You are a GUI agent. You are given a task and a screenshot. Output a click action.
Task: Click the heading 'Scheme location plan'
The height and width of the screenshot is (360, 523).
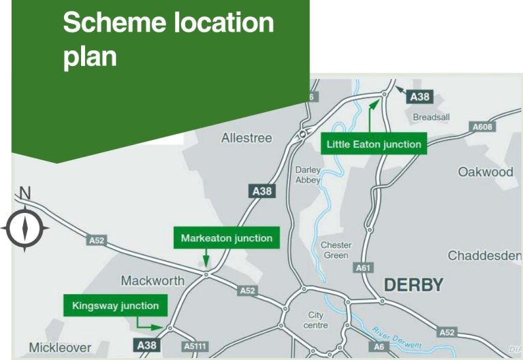tap(168, 39)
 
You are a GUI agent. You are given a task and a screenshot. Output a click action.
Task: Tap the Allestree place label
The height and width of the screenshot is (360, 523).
tap(246, 138)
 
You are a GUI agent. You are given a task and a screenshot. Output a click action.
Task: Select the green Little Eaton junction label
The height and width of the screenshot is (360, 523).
tap(374, 144)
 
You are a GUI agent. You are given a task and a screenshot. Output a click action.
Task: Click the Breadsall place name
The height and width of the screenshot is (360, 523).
tap(431, 117)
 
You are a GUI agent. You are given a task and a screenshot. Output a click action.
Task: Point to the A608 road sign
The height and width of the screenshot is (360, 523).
tap(483, 127)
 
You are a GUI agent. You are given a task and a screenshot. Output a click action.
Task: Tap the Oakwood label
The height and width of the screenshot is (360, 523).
tap(485, 172)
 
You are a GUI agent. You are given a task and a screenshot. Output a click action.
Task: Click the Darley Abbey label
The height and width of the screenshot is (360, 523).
tap(308, 175)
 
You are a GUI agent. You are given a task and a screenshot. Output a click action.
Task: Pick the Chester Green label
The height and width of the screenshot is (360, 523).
tap(336, 250)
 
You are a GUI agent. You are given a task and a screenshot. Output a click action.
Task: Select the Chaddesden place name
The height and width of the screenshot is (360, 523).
tap(484, 256)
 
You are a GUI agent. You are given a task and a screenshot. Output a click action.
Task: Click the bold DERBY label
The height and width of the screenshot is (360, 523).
tap(413, 285)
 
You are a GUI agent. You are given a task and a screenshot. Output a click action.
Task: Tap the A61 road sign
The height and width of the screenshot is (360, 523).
tap(364, 268)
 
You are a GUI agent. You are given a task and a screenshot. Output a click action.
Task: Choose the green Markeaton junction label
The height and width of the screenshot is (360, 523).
tap(226, 238)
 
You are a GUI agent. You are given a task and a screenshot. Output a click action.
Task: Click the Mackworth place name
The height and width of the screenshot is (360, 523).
tap(153, 280)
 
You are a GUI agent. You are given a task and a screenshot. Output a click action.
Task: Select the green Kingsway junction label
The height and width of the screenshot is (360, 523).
tap(115, 306)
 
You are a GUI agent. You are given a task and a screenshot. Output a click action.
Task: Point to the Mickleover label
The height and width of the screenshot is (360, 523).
tap(60, 348)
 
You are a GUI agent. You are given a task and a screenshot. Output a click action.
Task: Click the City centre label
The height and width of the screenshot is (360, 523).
tap(316, 321)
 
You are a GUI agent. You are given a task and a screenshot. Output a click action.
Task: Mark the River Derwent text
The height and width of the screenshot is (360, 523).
tap(397, 338)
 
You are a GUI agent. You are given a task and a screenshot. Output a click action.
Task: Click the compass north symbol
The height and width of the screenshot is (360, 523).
tap(25, 229)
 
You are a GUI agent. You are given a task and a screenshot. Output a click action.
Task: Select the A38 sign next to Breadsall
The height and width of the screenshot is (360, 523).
tap(419, 97)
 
